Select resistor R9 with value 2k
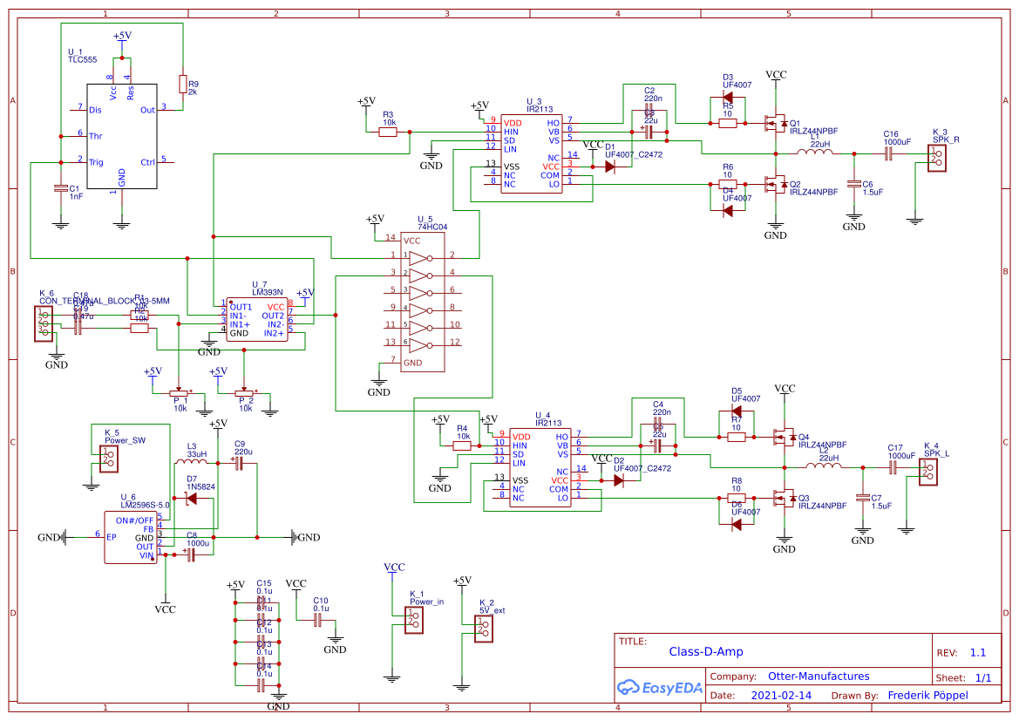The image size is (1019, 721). [x=182, y=85]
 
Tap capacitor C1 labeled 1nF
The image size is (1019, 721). [x=60, y=188]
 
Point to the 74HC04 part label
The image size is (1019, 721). [x=431, y=227]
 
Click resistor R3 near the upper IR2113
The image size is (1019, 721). [x=388, y=133]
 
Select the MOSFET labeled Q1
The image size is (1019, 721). [x=772, y=123]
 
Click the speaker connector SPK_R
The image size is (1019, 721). [x=935, y=157]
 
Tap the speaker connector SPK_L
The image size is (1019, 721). [x=928, y=472]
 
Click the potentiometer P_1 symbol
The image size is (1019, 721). [x=180, y=394]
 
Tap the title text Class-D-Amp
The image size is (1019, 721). [x=705, y=651]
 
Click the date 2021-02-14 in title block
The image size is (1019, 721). [x=780, y=696]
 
